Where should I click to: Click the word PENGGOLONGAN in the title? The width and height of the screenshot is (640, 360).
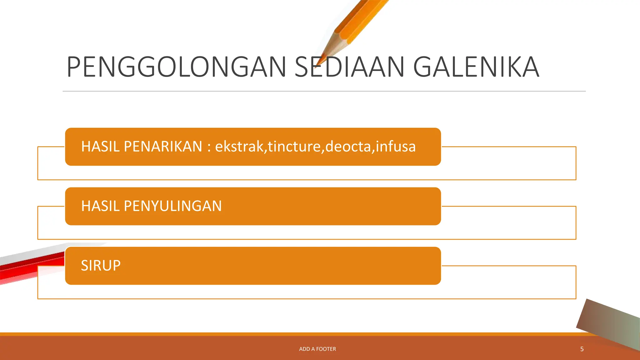pyautogui.click(x=176, y=67)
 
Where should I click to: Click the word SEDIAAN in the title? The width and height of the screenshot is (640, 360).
pyautogui.click(x=349, y=67)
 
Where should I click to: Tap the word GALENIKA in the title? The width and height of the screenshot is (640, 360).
pyautogui.click(x=476, y=67)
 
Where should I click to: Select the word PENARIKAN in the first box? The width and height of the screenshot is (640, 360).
pyautogui.click(x=163, y=147)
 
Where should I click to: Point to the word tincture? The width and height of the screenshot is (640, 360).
pyautogui.click(x=294, y=147)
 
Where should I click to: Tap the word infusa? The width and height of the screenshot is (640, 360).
pyautogui.click(x=395, y=147)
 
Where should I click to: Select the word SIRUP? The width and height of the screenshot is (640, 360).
pyautogui.click(x=101, y=266)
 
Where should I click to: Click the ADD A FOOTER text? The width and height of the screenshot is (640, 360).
pyautogui.click(x=317, y=349)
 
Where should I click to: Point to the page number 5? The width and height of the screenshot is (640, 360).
pyautogui.click(x=582, y=349)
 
